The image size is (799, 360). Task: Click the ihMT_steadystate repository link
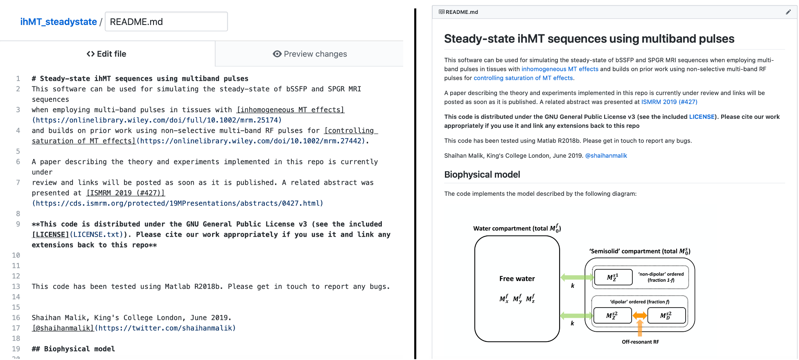tap(59, 22)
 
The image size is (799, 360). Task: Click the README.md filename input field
tap(166, 22)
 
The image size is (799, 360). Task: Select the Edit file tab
tap(106, 54)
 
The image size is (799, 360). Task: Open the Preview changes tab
tap(309, 54)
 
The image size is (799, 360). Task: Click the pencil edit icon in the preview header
tap(788, 12)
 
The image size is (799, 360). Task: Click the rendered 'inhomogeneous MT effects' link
tap(560, 69)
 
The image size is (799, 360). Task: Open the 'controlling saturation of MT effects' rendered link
tap(523, 78)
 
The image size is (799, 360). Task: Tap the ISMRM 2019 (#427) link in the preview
tap(669, 102)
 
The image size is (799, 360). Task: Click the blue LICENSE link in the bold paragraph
tap(702, 117)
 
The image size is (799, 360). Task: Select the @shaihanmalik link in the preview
tap(606, 156)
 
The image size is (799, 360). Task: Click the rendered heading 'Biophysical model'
tap(482, 174)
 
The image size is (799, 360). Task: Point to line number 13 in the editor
tap(16, 287)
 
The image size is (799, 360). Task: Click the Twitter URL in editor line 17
tap(167, 328)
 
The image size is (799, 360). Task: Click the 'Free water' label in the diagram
tap(517, 278)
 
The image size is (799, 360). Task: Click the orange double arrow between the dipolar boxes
tap(639, 315)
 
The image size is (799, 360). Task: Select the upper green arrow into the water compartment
tap(576, 277)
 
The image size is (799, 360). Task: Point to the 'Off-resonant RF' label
tap(640, 342)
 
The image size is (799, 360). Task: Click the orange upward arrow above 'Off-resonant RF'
tap(640, 328)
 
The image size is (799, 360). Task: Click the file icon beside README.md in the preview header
tap(441, 12)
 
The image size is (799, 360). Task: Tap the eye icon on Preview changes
tap(277, 54)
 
